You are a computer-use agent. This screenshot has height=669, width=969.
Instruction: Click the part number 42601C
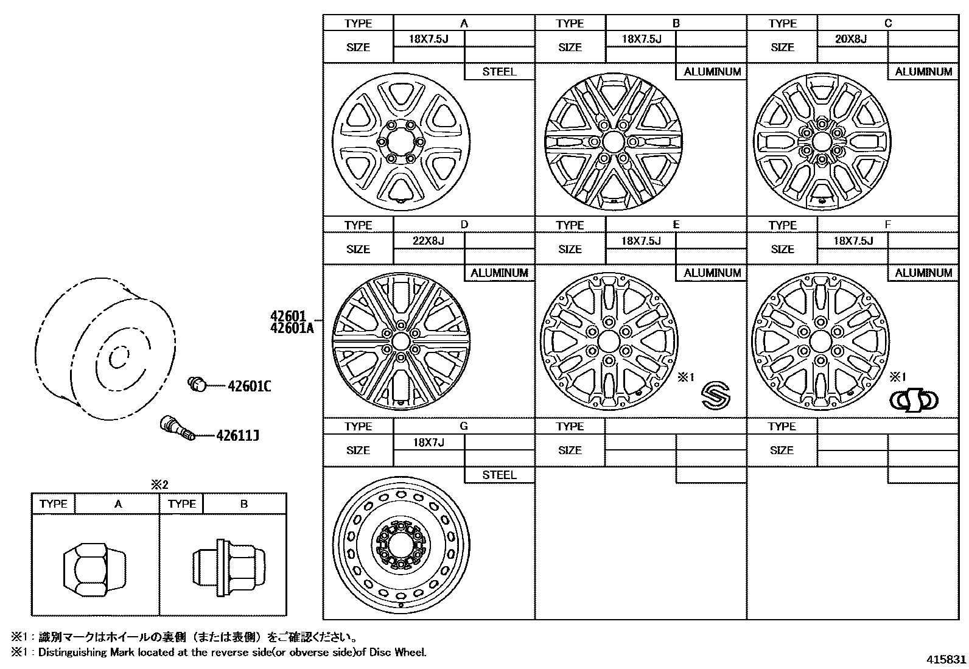(x=250, y=386)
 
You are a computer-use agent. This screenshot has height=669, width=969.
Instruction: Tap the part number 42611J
(x=237, y=436)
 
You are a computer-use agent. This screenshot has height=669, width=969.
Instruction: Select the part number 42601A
(x=292, y=328)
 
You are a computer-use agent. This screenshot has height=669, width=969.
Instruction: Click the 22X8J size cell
(x=429, y=240)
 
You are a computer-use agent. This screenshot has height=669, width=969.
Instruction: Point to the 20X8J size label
(x=851, y=39)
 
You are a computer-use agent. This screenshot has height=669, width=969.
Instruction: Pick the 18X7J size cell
(x=429, y=442)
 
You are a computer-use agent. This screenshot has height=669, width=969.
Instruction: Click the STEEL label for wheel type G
(x=499, y=475)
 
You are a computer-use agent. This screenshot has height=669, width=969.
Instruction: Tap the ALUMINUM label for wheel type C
(x=923, y=72)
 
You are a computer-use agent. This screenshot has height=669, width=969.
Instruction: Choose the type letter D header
(x=464, y=225)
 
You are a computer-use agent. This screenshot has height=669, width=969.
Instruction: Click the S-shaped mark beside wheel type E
(x=716, y=396)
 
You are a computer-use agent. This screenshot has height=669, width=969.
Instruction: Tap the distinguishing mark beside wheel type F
(x=914, y=400)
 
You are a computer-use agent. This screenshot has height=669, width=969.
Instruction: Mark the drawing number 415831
(x=946, y=659)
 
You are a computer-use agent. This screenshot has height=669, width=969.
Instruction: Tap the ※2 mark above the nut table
(x=159, y=485)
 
